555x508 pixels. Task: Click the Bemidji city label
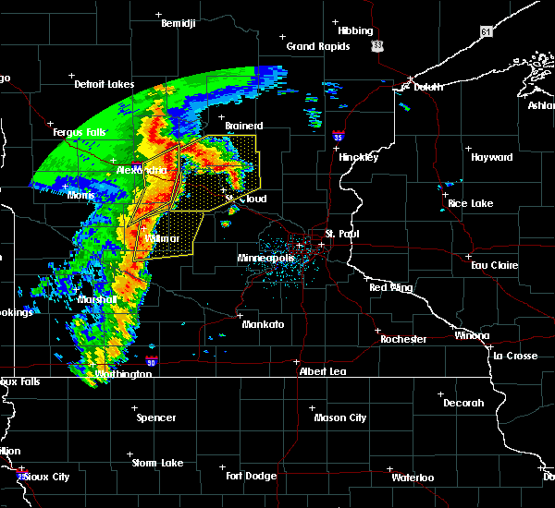pyautogui.click(x=179, y=23)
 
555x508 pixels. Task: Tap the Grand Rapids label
pyautogui.click(x=317, y=46)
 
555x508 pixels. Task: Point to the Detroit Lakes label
pyautogui.click(x=104, y=85)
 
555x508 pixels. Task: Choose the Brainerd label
pyautogui.click(x=244, y=126)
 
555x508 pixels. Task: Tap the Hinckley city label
pyautogui.click(x=358, y=157)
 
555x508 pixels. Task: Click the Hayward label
pyautogui.click(x=491, y=158)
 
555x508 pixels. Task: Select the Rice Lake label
pyautogui.click(x=470, y=203)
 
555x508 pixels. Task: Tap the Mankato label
pyautogui.click(x=263, y=324)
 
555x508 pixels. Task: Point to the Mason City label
pyautogui.click(x=339, y=417)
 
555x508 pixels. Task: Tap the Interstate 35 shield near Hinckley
pyautogui.click(x=339, y=136)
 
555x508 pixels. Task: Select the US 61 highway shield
pyautogui.click(x=487, y=32)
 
